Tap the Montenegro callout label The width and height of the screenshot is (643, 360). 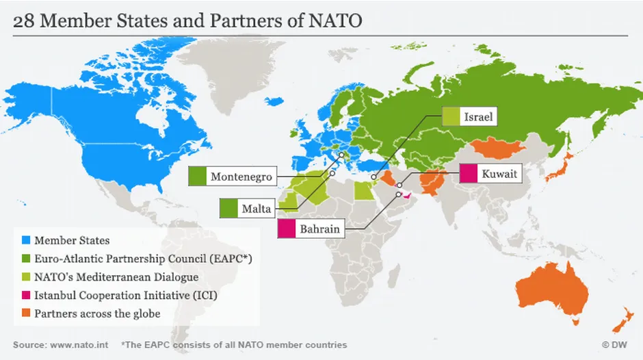241,177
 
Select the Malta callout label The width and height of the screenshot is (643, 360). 256,209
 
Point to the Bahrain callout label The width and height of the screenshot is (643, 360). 319,229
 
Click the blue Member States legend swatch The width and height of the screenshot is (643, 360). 26,240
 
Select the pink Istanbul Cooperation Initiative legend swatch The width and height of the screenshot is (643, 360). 26,296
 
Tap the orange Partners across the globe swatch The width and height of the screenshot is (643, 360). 26,314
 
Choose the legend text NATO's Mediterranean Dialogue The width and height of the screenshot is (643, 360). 116,277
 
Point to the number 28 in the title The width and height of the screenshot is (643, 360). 25,21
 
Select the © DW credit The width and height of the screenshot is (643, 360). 616,345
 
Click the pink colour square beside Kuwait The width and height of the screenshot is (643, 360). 469,175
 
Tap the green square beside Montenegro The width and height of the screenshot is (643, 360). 197,177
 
